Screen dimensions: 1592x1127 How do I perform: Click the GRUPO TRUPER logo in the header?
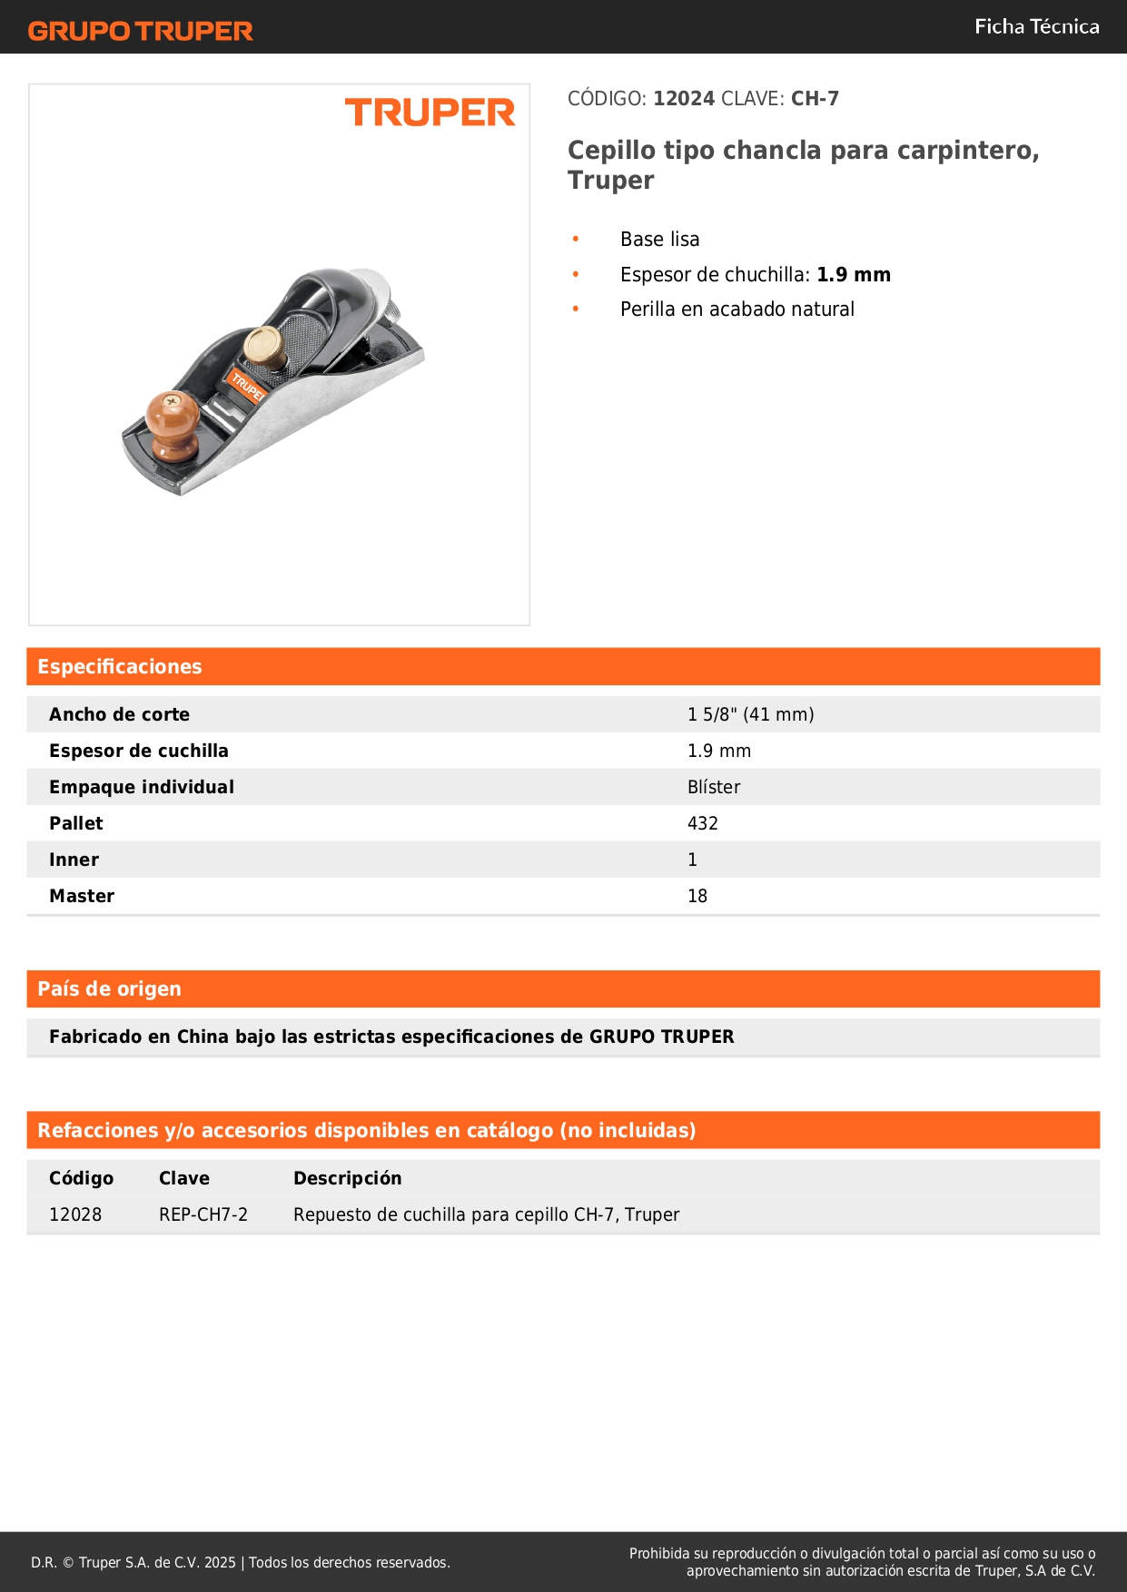[x=141, y=31]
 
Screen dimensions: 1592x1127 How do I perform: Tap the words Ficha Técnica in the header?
[x=1036, y=27]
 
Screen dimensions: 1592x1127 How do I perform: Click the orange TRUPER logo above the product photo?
[x=430, y=113]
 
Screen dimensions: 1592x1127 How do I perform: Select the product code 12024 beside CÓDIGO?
[x=684, y=99]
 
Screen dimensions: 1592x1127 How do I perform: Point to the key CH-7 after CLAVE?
[x=815, y=99]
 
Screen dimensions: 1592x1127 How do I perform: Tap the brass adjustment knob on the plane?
[x=264, y=345]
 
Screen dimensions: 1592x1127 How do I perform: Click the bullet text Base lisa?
[x=659, y=240]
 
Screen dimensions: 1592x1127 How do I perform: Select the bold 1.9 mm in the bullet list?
[x=853, y=275]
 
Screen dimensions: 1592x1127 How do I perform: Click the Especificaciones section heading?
[x=120, y=667]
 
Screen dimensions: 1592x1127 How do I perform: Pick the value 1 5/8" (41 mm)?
[x=750, y=715]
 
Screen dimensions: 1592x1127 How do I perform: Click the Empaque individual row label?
[x=142, y=788]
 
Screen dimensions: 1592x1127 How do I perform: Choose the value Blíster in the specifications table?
[x=714, y=788]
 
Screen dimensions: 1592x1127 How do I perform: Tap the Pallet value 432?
[x=702, y=824]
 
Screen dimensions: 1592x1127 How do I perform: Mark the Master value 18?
[x=697, y=897]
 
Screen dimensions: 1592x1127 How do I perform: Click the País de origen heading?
[x=109, y=989]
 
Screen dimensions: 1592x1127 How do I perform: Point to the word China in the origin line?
[x=203, y=1037]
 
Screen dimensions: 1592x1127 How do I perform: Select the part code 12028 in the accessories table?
[x=75, y=1215]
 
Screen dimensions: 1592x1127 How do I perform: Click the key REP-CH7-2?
[x=203, y=1215]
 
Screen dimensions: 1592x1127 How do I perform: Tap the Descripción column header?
[x=347, y=1179]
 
